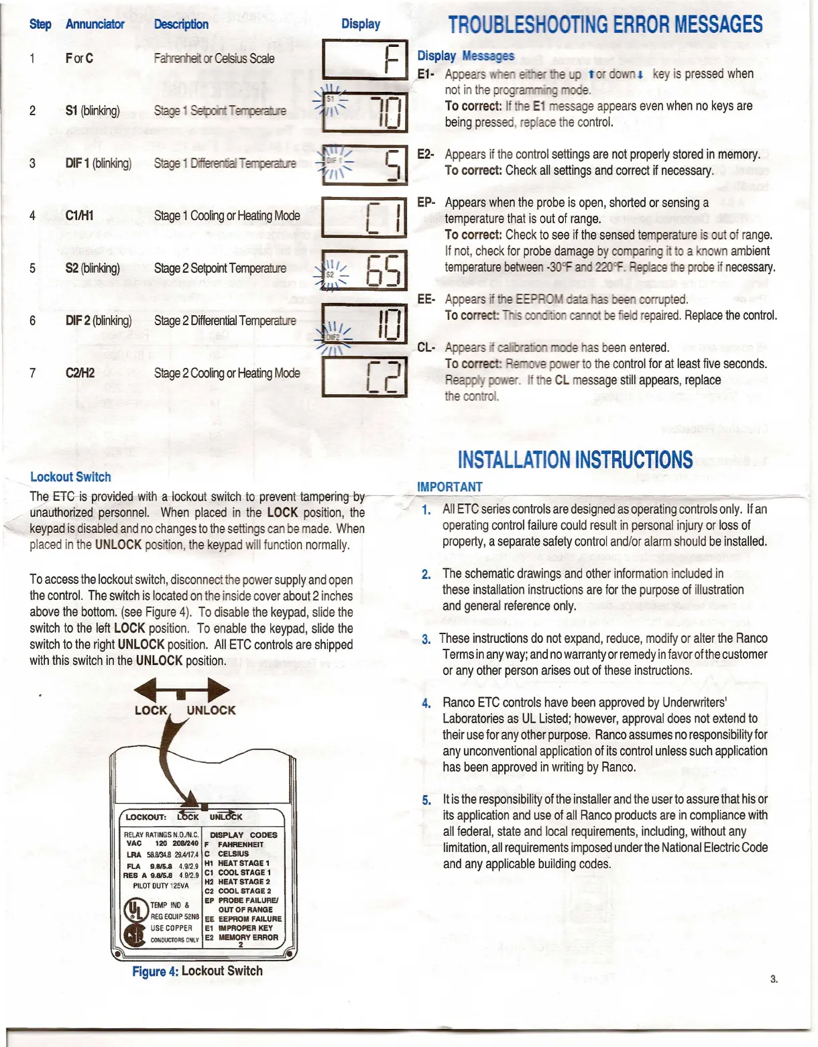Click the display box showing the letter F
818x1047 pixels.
(365, 59)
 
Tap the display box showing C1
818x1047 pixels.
(365, 217)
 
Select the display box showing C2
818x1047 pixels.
(365, 377)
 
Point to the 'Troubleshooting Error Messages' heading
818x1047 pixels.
(605, 25)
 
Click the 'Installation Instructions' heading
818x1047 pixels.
(575, 460)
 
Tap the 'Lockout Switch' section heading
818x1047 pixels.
(70, 477)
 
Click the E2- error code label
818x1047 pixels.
(426, 154)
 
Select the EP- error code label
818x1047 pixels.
(426, 202)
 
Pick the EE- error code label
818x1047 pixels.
(426, 299)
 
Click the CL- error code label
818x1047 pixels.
(426, 347)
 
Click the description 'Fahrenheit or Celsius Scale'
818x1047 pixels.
(214, 58)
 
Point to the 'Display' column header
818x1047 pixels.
(361, 24)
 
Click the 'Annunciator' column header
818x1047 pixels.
(95, 24)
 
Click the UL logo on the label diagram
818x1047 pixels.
(135, 910)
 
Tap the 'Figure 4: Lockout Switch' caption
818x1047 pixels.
(197, 971)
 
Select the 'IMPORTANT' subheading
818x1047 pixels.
(449, 487)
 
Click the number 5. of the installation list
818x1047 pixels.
(426, 800)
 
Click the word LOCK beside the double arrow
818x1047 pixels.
(151, 711)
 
